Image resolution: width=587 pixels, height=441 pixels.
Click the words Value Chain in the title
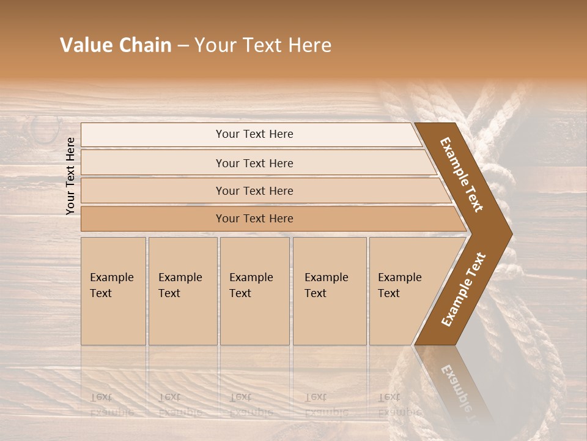point(116,45)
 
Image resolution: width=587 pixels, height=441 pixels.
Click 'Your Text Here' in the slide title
point(263,45)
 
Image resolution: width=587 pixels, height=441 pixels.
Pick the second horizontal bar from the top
point(254,163)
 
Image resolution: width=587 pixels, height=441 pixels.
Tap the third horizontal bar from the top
point(254,190)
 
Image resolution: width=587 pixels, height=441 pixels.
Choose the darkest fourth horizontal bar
point(254,219)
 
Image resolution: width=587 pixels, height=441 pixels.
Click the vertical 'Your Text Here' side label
point(70,176)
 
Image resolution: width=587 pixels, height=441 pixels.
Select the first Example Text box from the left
point(113,291)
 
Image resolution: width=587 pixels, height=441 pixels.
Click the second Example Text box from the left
point(182,291)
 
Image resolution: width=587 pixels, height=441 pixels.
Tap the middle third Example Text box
point(254,291)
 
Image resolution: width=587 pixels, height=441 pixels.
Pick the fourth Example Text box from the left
point(329,291)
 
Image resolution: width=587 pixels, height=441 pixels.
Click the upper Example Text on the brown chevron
point(462,175)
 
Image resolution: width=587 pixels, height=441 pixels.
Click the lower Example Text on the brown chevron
point(463,289)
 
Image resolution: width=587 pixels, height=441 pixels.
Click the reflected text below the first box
point(112,404)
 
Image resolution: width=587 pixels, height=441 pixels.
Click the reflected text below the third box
point(251,404)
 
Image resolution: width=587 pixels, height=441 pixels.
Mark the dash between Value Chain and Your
point(183,46)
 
